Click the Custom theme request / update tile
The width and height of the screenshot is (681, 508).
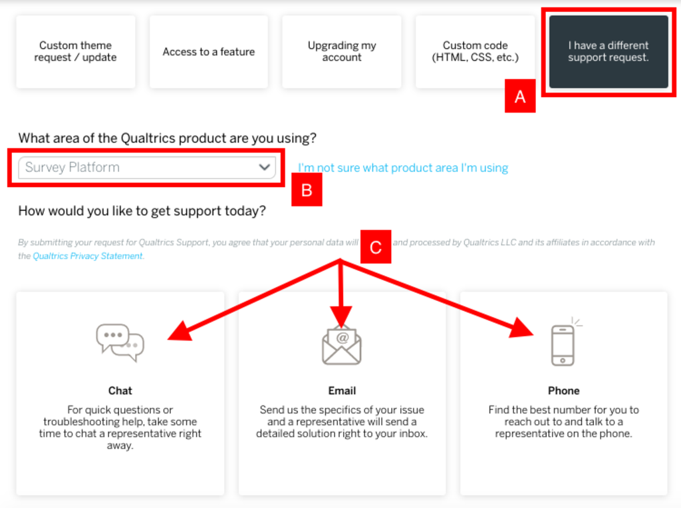pos(76,52)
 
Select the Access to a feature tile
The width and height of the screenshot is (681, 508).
pos(209,52)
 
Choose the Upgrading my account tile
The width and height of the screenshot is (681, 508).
pos(342,52)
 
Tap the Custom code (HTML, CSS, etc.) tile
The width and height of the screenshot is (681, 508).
pos(475,52)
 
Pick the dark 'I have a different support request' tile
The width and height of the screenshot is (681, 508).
pos(609,52)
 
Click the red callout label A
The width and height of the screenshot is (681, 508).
pos(520,97)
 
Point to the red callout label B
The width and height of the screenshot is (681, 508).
pos(307,190)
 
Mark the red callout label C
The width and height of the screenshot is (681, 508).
pos(376,248)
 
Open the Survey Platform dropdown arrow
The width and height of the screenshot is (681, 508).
pos(265,167)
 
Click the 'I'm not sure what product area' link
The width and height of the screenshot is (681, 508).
pos(403,168)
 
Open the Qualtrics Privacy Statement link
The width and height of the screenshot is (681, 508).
pos(88,256)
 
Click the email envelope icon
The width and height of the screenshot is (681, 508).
pos(342,346)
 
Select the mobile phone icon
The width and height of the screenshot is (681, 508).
pos(563,345)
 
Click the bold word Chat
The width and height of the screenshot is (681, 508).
pos(120,391)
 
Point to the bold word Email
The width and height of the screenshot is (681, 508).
pos(342,391)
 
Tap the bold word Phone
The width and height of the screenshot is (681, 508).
pos(563,391)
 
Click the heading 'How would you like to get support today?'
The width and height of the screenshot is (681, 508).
pos(142,211)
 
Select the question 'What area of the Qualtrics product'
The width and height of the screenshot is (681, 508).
pos(167,138)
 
